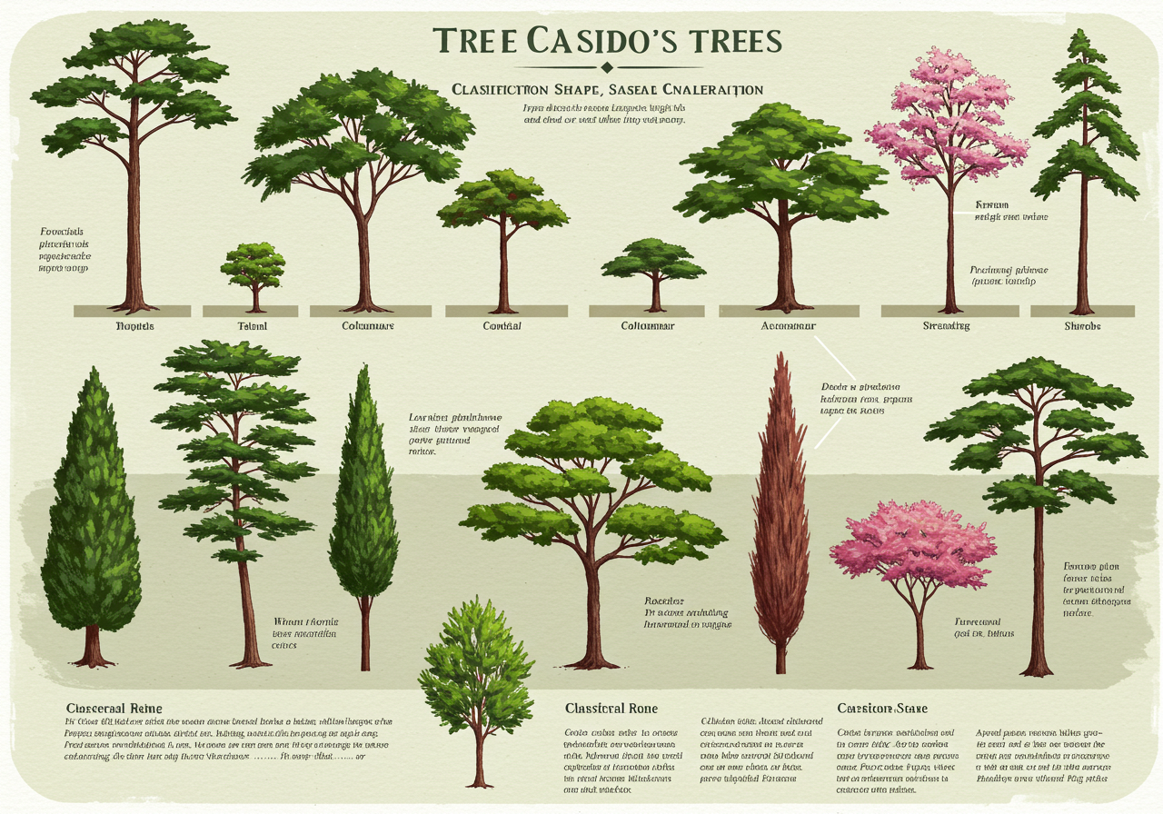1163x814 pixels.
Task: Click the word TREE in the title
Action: tap(471, 42)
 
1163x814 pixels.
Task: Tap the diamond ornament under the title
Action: tap(607, 67)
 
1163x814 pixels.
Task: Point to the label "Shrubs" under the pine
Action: tap(1082, 325)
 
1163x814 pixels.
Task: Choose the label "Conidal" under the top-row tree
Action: tap(502, 325)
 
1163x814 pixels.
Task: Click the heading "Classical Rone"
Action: tap(611, 708)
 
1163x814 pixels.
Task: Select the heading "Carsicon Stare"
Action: tap(882, 708)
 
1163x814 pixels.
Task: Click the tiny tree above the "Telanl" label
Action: tap(253, 273)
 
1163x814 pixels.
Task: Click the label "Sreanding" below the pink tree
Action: tap(946, 325)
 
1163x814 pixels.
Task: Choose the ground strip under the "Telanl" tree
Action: tap(253, 311)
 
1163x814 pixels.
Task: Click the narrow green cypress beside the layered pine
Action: tap(363, 509)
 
